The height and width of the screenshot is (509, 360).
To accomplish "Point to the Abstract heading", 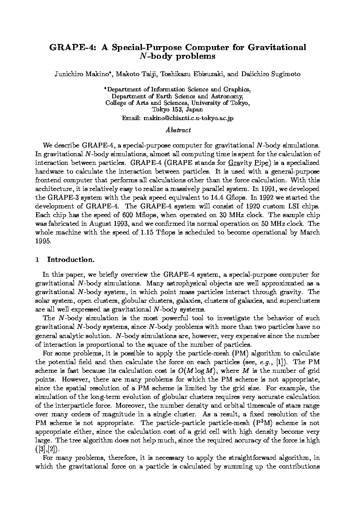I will (178, 130).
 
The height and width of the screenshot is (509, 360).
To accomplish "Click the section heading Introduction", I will (71, 260).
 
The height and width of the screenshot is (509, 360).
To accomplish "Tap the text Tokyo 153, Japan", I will (178, 110).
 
